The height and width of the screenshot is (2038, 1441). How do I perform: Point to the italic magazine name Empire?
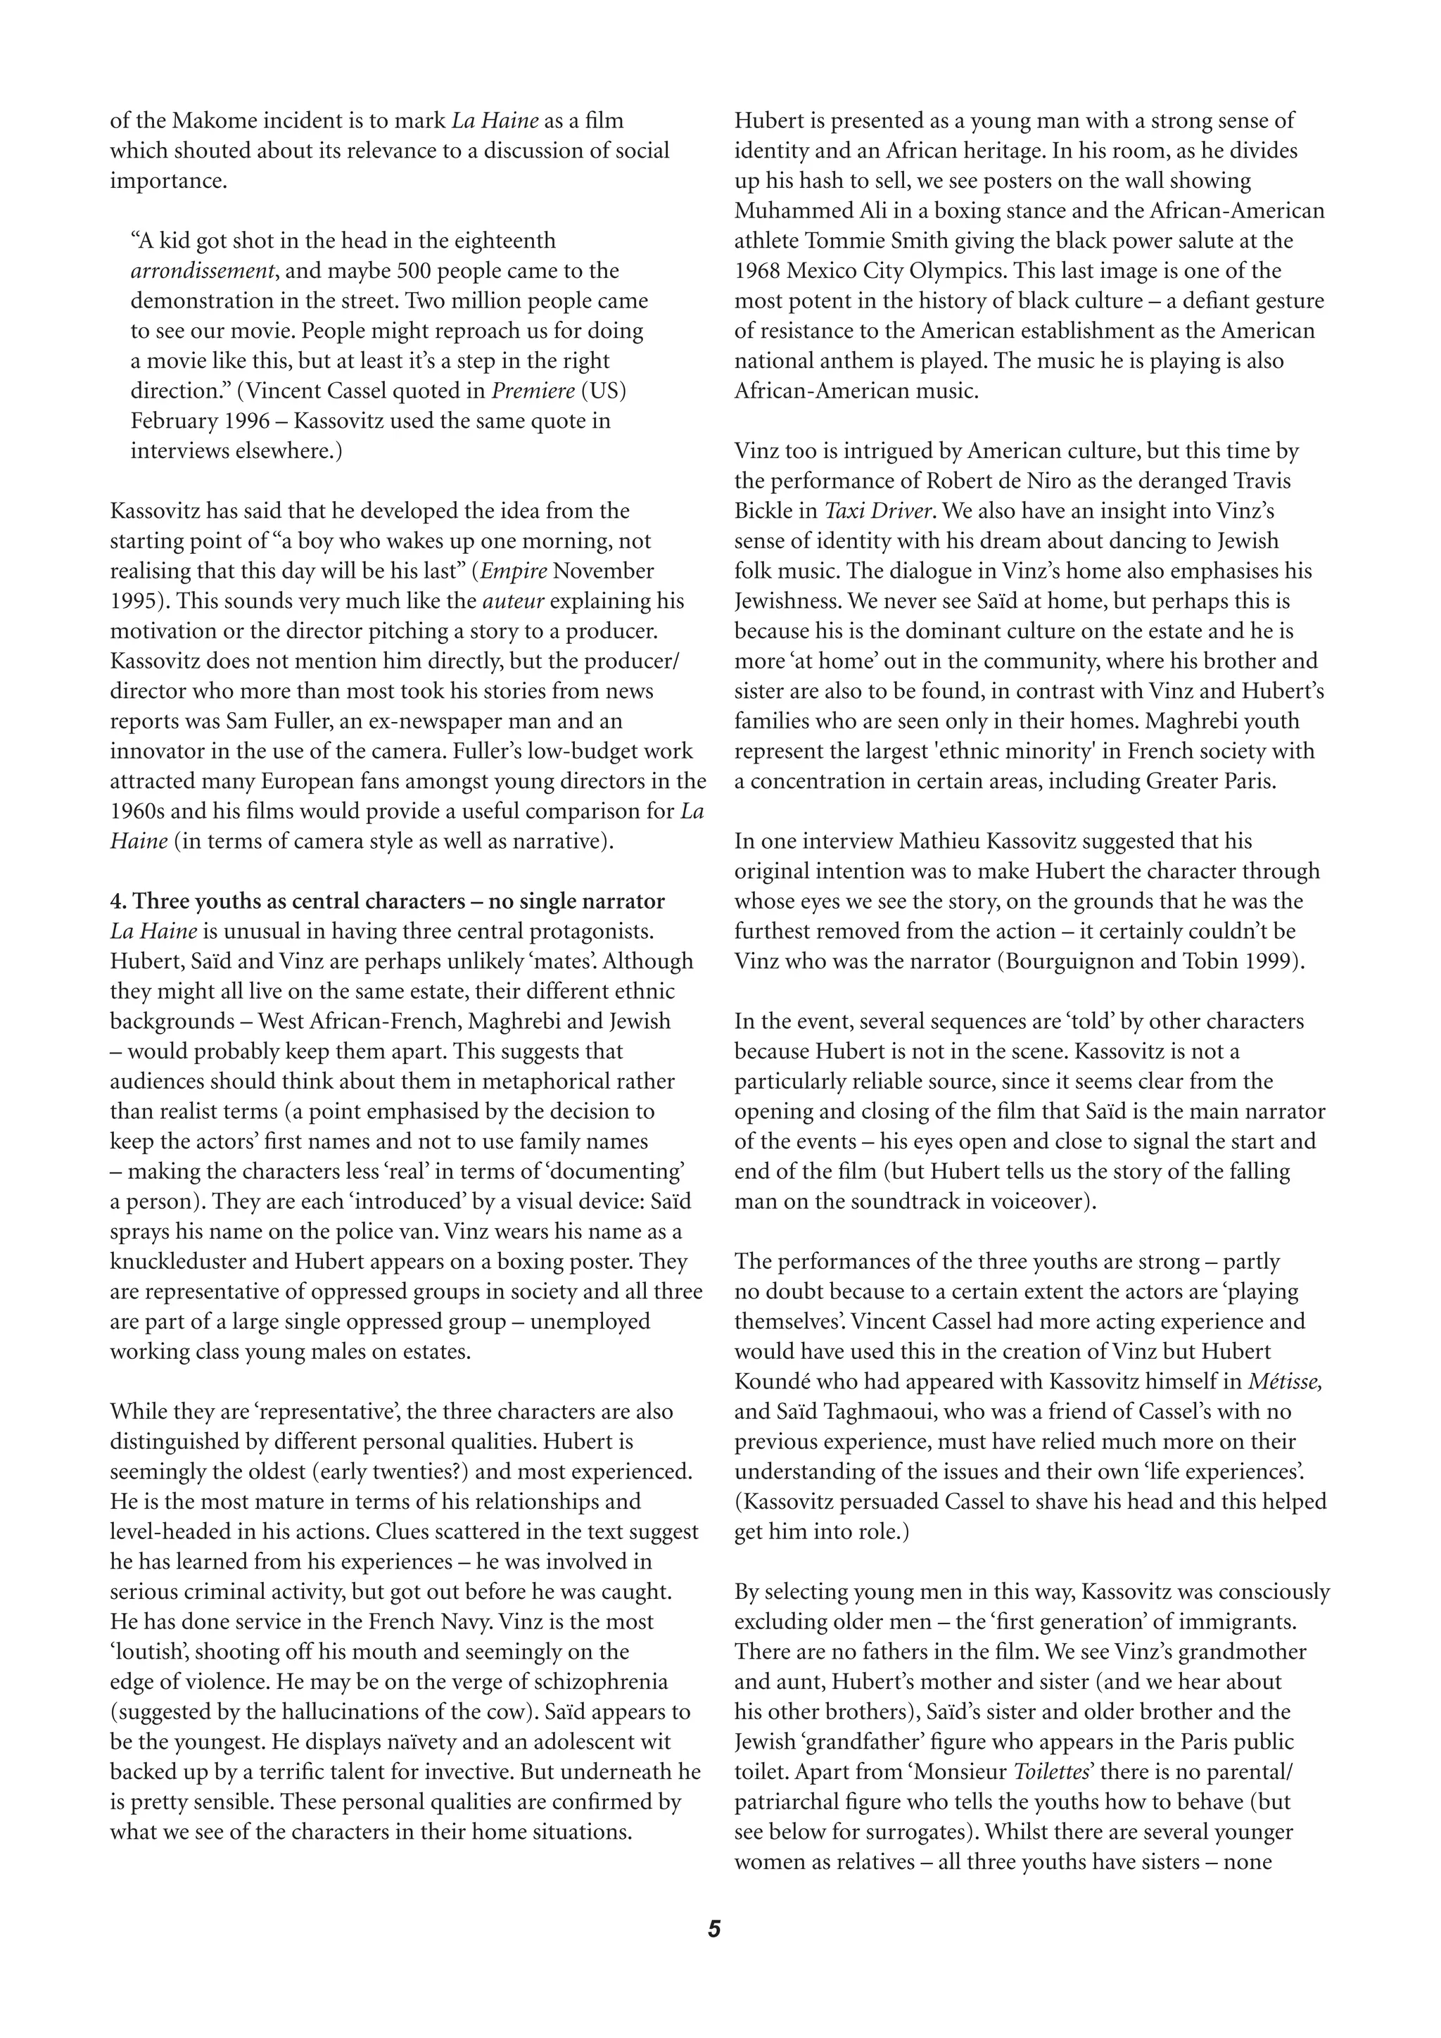(x=514, y=571)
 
